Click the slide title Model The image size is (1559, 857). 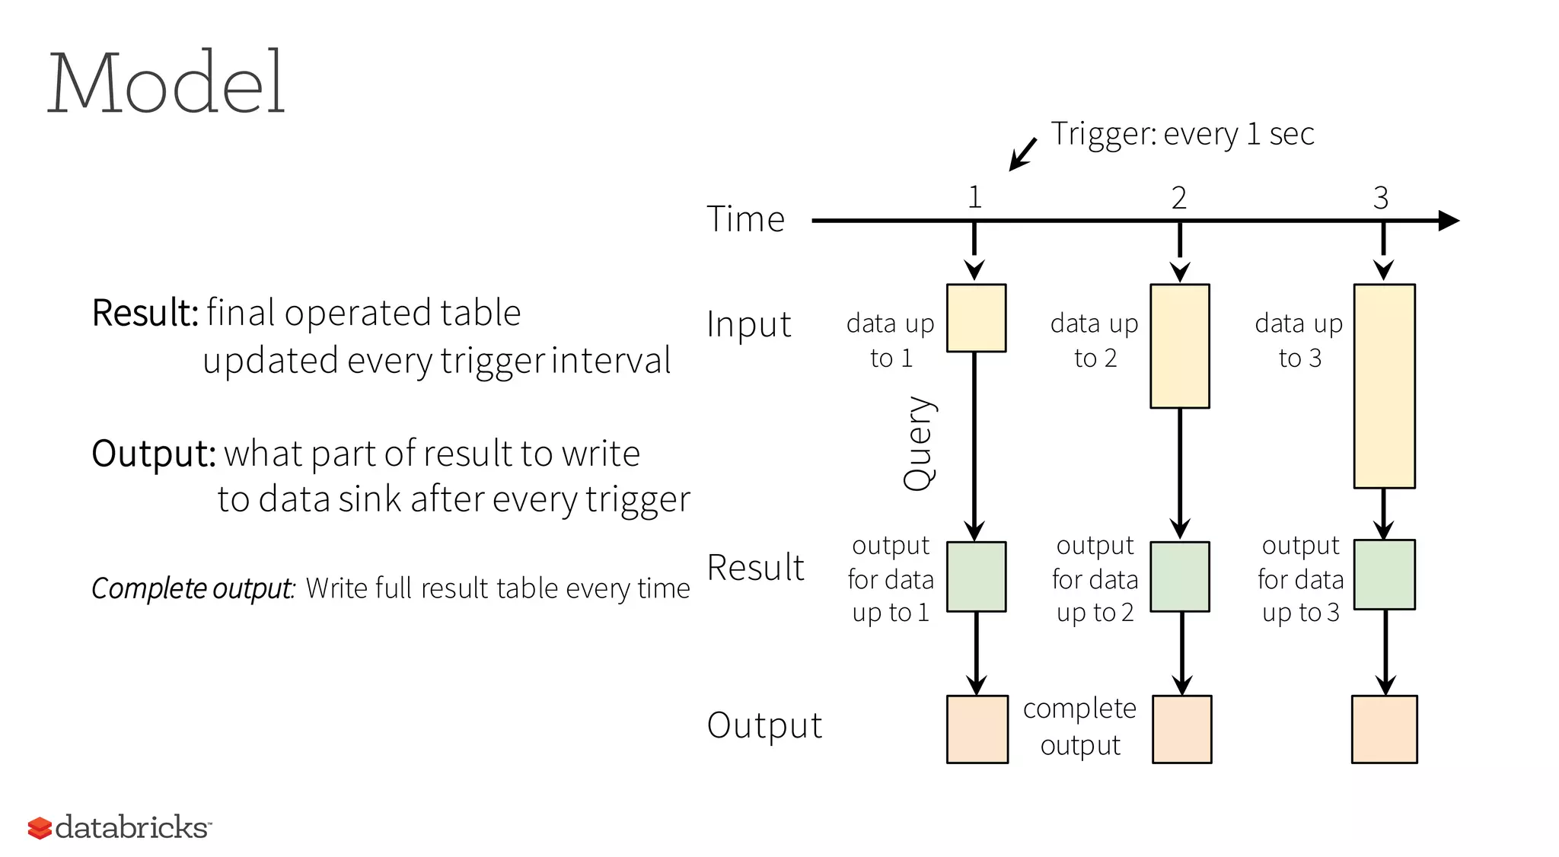(x=166, y=82)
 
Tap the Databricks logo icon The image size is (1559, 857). (x=40, y=828)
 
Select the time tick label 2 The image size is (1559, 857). (x=1178, y=198)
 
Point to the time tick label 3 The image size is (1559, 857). (x=1381, y=198)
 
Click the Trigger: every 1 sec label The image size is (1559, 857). (x=1182, y=134)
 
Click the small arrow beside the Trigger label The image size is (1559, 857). (x=1022, y=155)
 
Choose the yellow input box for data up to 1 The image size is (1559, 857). (x=976, y=318)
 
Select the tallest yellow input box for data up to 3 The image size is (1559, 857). (x=1384, y=386)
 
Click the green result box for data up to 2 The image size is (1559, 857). (x=1180, y=577)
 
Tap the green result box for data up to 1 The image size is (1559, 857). (x=976, y=577)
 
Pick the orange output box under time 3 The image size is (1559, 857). (x=1384, y=729)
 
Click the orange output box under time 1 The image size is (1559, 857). (x=977, y=729)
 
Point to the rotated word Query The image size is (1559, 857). (x=919, y=443)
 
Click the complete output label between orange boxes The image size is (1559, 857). (x=1079, y=726)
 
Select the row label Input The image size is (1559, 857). (x=749, y=325)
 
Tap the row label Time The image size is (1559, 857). (x=745, y=219)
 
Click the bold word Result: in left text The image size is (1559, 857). (x=145, y=313)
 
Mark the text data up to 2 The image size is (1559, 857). (x=1095, y=340)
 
